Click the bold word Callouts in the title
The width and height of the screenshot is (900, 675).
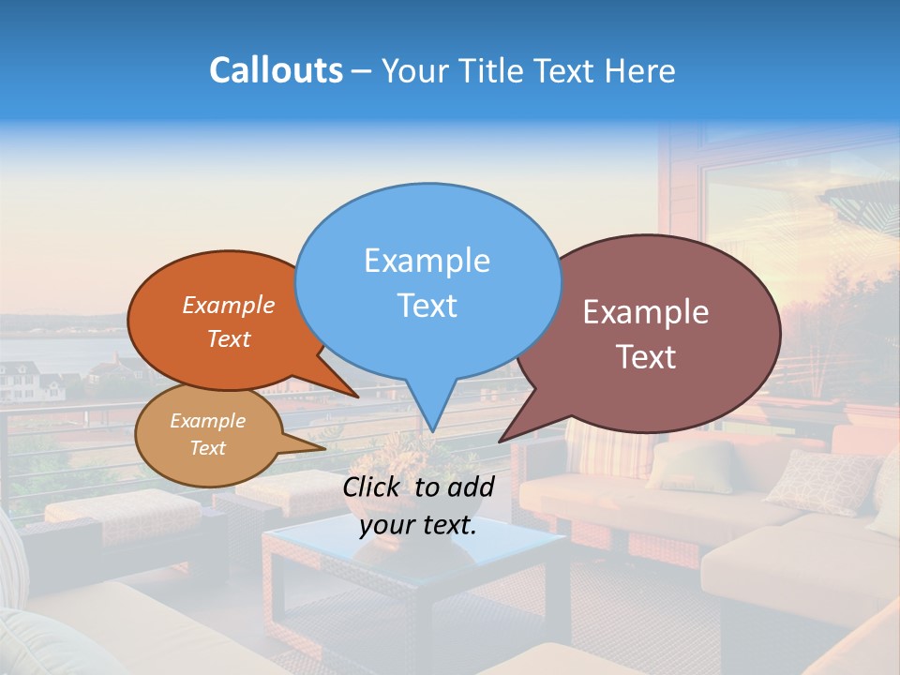click(276, 70)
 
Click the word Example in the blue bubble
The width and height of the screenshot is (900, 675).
click(427, 261)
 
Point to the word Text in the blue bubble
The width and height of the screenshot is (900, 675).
click(427, 306)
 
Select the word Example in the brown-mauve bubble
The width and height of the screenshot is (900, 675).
click(646, 312)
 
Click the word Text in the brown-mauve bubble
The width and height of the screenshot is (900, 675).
click(646, 357)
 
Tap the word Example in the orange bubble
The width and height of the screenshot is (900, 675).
click(228, 306)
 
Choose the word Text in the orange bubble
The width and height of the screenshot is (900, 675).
click(228, 338)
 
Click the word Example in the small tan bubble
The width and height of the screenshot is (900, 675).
click(207, 421)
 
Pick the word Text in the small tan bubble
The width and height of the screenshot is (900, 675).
click(207, 448)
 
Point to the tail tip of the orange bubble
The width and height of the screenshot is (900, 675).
click(356, 396)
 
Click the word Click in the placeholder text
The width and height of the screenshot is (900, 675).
click(373, 487)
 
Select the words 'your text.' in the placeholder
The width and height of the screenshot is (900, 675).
click(418, 525)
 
